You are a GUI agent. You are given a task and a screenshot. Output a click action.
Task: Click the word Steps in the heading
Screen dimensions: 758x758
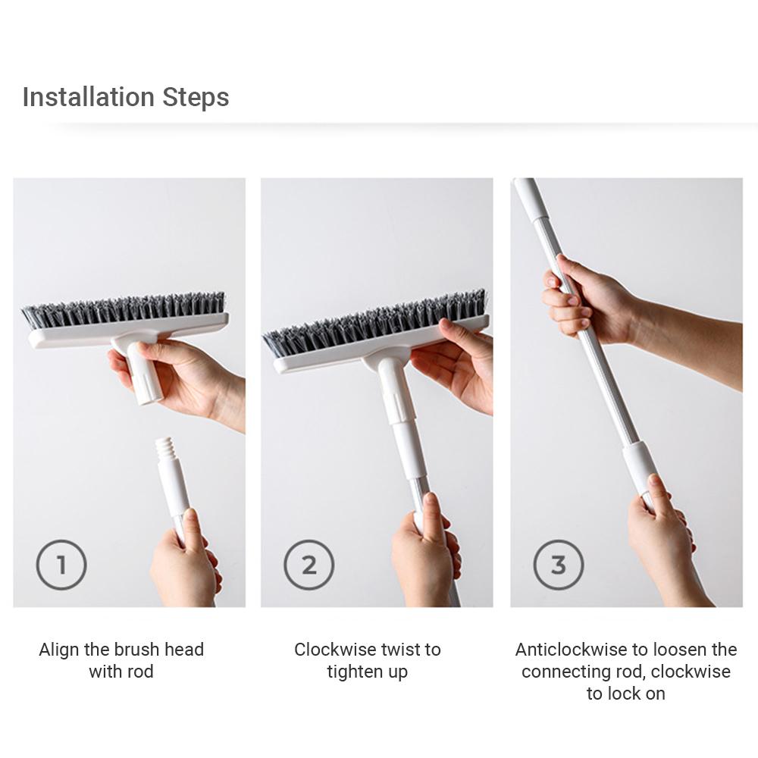pyautogui.click(x=196, y=98)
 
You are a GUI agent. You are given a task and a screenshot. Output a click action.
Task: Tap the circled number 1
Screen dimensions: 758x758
pyautogui.click(x=61, y=565)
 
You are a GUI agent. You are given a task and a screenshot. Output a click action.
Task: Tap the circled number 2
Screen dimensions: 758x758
pyautogui.click(x=309, y=565)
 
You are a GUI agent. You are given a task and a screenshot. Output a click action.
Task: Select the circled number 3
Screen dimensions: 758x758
pyautogui.click(x=559, y=565)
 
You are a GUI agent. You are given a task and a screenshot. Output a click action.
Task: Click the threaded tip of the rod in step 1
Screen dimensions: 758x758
pyautogui.click(x=164, y=449)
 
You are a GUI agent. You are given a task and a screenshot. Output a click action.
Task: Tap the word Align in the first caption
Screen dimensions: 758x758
pyautogui.click(x=59, y=650)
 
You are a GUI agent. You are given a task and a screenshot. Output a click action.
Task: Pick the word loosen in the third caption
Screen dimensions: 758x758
pyautogui.click(x=681, y=650)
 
